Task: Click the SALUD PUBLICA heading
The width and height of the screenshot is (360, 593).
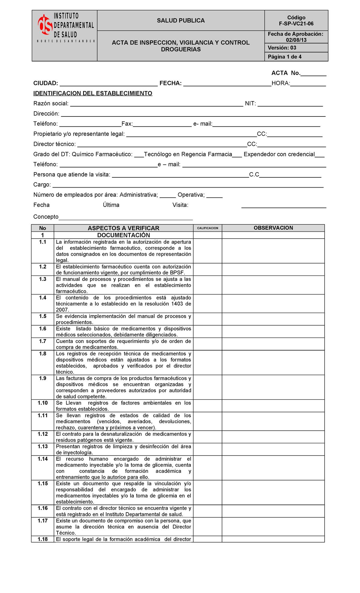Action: pos(181,20)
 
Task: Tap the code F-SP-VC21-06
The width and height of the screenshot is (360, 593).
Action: pos(296,24)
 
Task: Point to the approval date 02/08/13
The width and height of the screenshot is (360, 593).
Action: pos(296,40)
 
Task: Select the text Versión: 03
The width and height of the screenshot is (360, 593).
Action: pos(282,48)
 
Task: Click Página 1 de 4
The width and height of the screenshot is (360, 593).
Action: pos(285,57)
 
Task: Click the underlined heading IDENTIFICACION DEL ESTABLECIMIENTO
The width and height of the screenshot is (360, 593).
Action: pos(93,93)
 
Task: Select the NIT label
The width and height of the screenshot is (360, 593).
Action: pos(250,104)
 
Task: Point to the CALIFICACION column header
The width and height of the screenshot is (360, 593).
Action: pos(208,228)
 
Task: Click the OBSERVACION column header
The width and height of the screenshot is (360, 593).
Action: pos(273,228)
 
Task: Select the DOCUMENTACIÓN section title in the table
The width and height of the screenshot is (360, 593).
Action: pos(124,235)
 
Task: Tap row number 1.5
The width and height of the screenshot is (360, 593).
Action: pos(43,316)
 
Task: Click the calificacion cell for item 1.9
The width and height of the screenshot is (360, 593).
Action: pos(208,387)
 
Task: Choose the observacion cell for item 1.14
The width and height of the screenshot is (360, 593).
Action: pos(273,468)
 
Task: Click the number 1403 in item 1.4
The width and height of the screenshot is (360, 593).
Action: pos(177,304)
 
